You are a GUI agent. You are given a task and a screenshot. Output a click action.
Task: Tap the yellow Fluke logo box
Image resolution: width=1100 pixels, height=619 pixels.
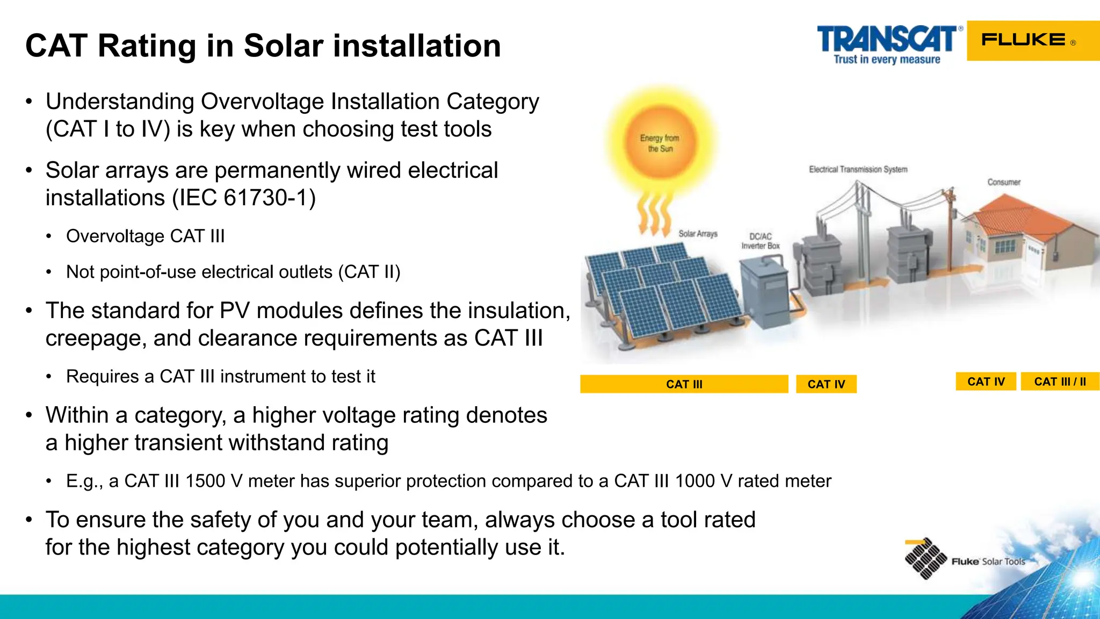pos(1032,41)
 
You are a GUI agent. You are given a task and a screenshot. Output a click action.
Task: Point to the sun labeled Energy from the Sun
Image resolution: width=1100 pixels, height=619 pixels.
pos(660,143)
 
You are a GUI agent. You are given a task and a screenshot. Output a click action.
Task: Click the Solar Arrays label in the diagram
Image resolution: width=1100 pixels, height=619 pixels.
pos(698,234)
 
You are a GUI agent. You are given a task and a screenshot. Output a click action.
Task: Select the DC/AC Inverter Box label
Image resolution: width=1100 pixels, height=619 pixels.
pos(761,241)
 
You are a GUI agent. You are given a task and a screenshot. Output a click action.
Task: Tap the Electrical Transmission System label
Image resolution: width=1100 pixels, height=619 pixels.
pos(858,169)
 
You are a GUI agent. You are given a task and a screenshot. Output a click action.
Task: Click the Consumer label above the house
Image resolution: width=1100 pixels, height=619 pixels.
pos(1003,182)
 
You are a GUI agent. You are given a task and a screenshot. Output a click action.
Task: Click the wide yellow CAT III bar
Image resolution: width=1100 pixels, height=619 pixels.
pos(684,384)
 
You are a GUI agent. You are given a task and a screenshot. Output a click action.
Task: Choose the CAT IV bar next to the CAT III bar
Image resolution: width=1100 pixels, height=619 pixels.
pos(826,384)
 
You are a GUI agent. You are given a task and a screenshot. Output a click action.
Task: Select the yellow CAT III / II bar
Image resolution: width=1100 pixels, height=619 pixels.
pos(1060,382)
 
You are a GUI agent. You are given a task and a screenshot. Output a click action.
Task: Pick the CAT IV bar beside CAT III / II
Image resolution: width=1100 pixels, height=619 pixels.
pos(986,382)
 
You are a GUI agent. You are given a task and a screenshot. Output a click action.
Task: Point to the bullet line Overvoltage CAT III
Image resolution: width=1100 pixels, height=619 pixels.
pos(145,236)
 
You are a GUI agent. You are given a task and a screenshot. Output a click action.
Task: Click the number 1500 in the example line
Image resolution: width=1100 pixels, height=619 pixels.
pos(204,481)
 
